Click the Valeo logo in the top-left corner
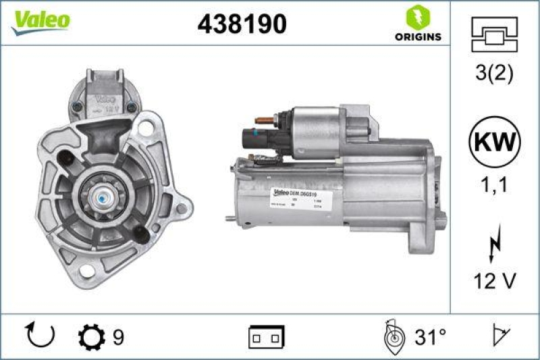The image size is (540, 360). [x=40, y=21]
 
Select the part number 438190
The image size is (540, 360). [x=242, y=25]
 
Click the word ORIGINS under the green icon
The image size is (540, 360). [x=418, y=36]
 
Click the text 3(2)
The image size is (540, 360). [x=494, y=74]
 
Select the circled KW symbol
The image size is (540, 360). [x=495, y=143]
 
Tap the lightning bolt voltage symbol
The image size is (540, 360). [x=494, y=245]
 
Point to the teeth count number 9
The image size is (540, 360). [x=117, y=336]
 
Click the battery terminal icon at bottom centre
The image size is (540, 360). [x=266, y=336]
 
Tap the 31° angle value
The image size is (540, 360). [x=431, y=336]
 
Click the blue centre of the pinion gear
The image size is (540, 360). [x=103, y=199]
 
